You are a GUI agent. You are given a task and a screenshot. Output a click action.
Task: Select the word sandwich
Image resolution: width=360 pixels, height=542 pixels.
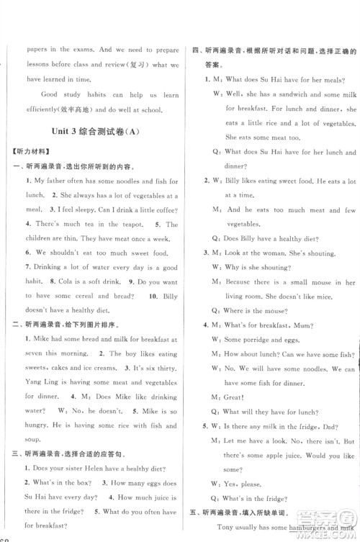tap(292, 94)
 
